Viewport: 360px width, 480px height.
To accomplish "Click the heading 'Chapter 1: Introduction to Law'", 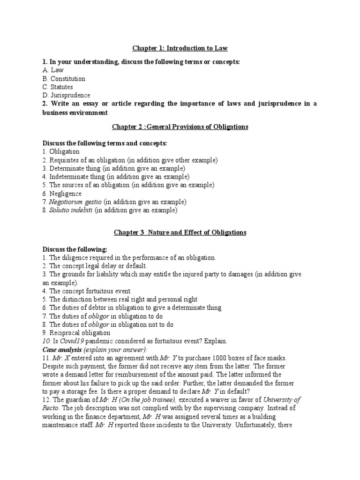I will (x=180, y=48).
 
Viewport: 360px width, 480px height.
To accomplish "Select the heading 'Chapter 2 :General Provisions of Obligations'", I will (x=180, y=127).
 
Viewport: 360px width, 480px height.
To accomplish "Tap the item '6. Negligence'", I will (x=62, y=194).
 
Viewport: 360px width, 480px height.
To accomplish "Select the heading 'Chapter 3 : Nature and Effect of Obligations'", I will (x=180, y=232).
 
